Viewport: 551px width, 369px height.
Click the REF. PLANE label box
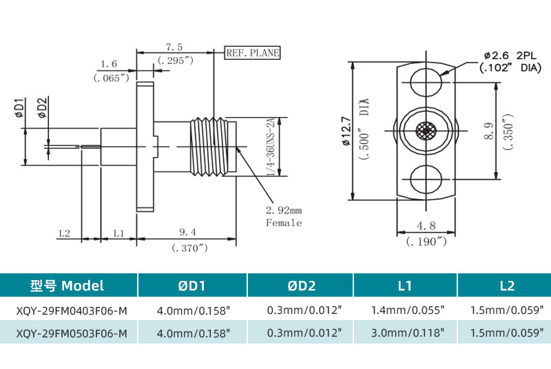(253, 52)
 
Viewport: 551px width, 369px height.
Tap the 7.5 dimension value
(174, 47)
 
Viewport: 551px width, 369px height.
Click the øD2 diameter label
(41, 109)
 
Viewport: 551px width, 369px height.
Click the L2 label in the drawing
(65, 233)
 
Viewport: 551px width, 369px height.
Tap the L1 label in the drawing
(118, 233)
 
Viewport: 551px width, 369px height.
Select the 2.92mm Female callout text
(284, 215)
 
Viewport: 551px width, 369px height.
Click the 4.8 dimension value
(426, 225)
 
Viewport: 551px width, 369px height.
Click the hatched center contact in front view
(427, 129)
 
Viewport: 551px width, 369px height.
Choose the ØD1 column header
(192, 286)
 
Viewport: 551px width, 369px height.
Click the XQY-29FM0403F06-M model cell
(70, 310)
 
